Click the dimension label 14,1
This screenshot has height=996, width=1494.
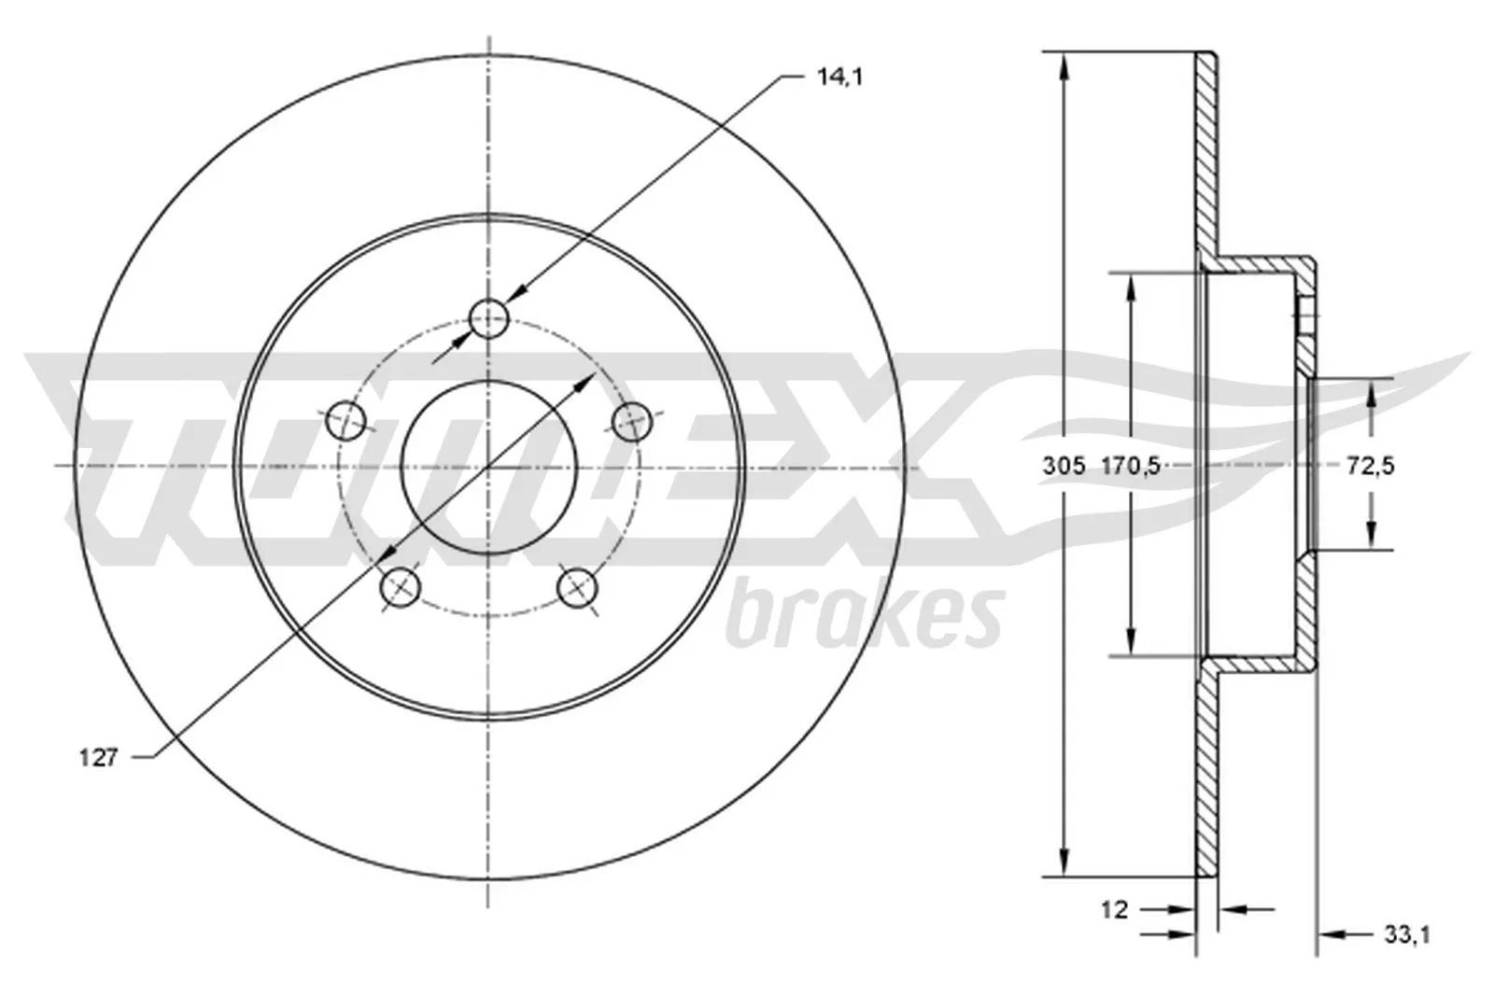pos(839,77)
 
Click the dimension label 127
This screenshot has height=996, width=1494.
pos(98,757)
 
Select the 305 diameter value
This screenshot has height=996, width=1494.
pos(1064,465)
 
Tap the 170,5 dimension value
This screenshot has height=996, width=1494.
pos(1130,465)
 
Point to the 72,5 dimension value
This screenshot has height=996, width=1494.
pos(1370,465)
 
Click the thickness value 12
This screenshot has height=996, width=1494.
pos(1114,908)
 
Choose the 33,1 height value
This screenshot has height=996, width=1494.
pos(1406,933)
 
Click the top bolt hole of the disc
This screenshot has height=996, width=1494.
pos(488,319)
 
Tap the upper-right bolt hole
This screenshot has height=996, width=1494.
pos(632,421)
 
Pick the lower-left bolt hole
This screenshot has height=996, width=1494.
pos(402,586)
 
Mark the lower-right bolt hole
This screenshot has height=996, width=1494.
pos(576,587)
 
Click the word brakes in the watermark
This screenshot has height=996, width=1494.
pos(864,616)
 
